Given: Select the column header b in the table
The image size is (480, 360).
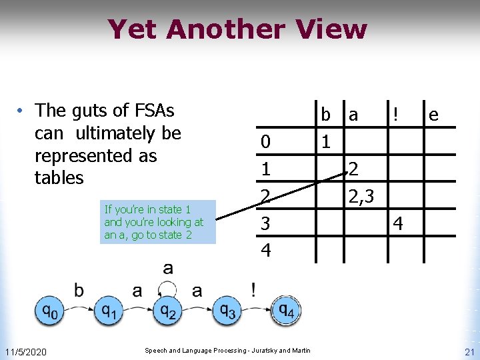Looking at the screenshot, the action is coord(325,114).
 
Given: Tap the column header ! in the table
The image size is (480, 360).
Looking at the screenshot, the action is coord(396,114).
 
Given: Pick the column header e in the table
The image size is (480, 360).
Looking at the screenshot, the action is coord(433,115).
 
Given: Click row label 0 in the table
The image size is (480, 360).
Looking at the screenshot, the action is coord(265,142).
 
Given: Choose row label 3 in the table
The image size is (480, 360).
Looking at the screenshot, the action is coord(265,224).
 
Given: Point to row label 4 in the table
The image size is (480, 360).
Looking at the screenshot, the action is coord(265,251).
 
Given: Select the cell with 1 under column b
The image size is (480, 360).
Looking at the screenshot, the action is coord(325,142).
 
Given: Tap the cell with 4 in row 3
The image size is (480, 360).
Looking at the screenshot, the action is coord(397,224).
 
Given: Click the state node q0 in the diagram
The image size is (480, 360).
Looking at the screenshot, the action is coord(49,310).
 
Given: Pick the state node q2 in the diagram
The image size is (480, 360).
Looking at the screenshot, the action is coord(167,310).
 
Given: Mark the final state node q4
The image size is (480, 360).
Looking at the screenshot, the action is coord(285,310).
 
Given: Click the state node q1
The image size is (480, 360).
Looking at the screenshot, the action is coord(109,310).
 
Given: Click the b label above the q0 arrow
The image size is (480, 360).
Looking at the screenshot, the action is coord(79,290).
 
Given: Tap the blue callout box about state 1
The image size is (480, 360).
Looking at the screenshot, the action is coord(158,222).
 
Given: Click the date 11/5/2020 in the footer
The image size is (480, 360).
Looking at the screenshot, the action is coord(25,351).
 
